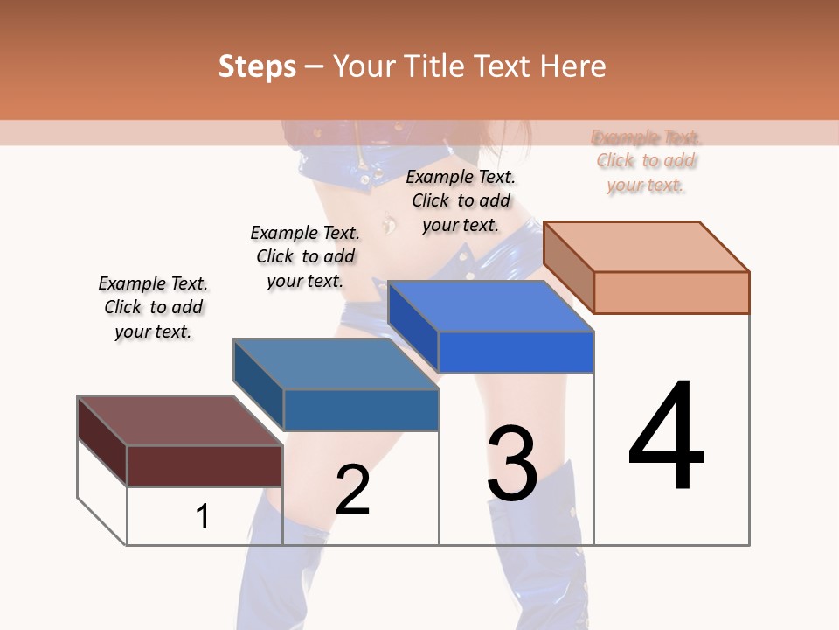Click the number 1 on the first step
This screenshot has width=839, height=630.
pos(203,517)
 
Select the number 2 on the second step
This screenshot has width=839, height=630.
pos(352,491)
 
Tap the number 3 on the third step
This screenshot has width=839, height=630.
pos(512,463)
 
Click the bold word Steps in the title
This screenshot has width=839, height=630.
pos(257,66)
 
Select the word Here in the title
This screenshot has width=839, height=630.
pos(573,66)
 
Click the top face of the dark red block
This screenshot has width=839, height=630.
pos(180,421)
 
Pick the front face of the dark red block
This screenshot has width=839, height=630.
pos(205,465)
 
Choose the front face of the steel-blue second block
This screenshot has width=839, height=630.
pos(360,409)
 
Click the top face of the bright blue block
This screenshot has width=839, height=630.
pos(491,306)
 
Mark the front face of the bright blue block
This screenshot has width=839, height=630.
pos(516,352)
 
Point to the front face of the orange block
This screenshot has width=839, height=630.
pos(671,292)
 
